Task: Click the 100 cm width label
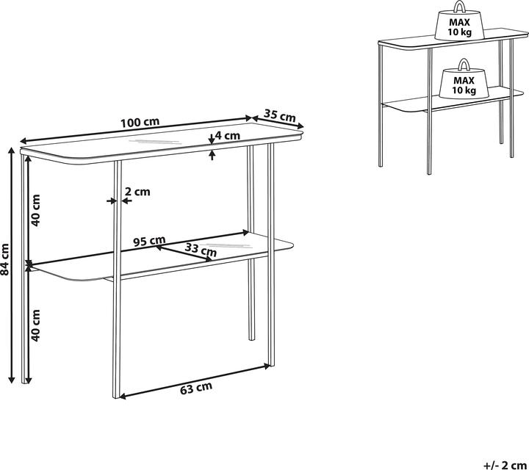point(140,123)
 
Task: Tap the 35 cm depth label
point(280,115)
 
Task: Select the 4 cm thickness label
point(227,136)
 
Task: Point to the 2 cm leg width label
point(137,192)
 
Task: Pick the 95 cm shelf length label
point(149,242)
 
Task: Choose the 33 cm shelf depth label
point(201,250)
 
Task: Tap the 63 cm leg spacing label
point(196,388)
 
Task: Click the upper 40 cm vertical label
point(35,210)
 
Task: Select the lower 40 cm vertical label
point(35,325)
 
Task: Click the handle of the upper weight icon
point(459,6)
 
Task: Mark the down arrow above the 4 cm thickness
point(212,140)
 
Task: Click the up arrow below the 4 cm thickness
point(212,155)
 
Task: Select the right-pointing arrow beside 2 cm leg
point(112,201)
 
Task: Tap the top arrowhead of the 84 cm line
point(12,151)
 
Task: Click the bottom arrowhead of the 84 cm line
point(12,379)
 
